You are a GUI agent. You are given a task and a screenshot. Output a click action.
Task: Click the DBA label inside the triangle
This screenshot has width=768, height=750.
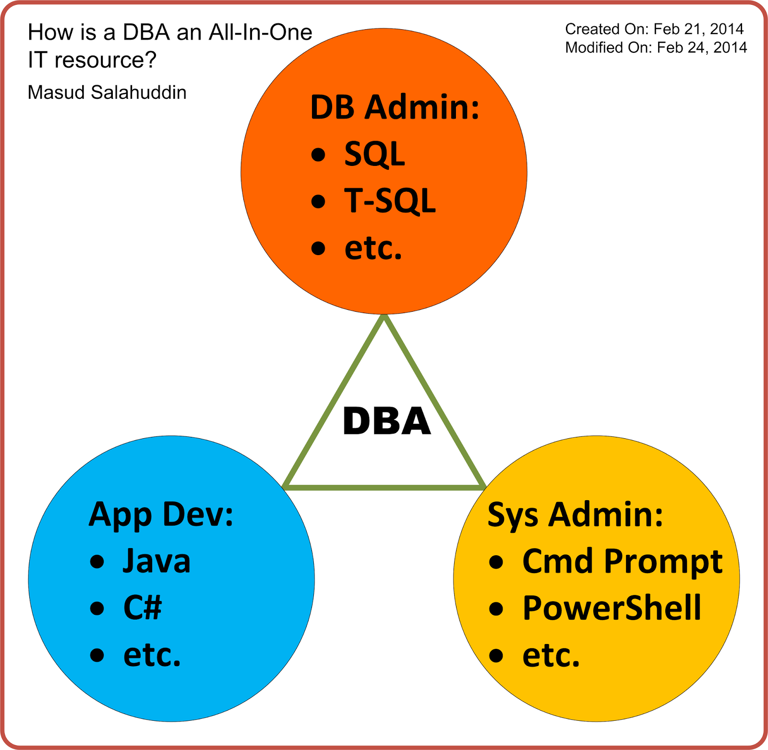[387, 422]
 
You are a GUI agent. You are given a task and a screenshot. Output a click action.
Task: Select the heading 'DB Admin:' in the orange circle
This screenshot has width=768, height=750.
[395, 107]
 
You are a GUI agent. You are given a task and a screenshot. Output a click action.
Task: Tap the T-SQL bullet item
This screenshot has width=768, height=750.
[390, 200]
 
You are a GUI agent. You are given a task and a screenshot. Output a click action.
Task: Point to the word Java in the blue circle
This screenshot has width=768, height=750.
[156, 561]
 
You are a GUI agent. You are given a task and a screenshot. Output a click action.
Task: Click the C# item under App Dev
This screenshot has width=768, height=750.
[143, 608]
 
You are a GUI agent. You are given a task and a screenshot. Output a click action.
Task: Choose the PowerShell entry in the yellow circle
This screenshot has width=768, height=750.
[612, 608]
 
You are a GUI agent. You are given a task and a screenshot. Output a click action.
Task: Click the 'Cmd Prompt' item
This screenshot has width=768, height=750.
[622, 561]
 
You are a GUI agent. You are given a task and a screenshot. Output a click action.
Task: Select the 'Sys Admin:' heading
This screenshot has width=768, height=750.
[575, 515]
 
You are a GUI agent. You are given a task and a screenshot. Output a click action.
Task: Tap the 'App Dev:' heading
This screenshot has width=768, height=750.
[161, 515]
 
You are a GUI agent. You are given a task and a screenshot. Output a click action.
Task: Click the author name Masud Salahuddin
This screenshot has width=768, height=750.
[107, 93]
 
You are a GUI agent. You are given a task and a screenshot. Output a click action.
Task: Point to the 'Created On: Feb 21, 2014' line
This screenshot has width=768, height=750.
[654, 29]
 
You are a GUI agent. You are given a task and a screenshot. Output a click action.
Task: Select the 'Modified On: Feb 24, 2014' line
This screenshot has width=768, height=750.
[656, 47]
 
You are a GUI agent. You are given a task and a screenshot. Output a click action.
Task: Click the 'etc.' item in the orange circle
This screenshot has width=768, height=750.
[373, 248]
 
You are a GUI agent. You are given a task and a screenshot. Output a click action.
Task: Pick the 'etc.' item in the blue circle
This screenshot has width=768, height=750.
[152, 655]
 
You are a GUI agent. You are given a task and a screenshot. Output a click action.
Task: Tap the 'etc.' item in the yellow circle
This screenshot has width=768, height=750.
[551, 655]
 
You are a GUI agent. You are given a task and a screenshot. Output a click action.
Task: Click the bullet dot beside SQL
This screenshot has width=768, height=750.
[318, 154]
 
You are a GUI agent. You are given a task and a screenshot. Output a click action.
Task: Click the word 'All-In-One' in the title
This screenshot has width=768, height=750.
[261, 33]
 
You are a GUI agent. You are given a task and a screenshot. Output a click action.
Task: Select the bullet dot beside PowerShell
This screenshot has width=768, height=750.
[496, 609]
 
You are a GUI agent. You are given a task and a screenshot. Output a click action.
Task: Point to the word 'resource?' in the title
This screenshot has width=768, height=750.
[106, 60]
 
